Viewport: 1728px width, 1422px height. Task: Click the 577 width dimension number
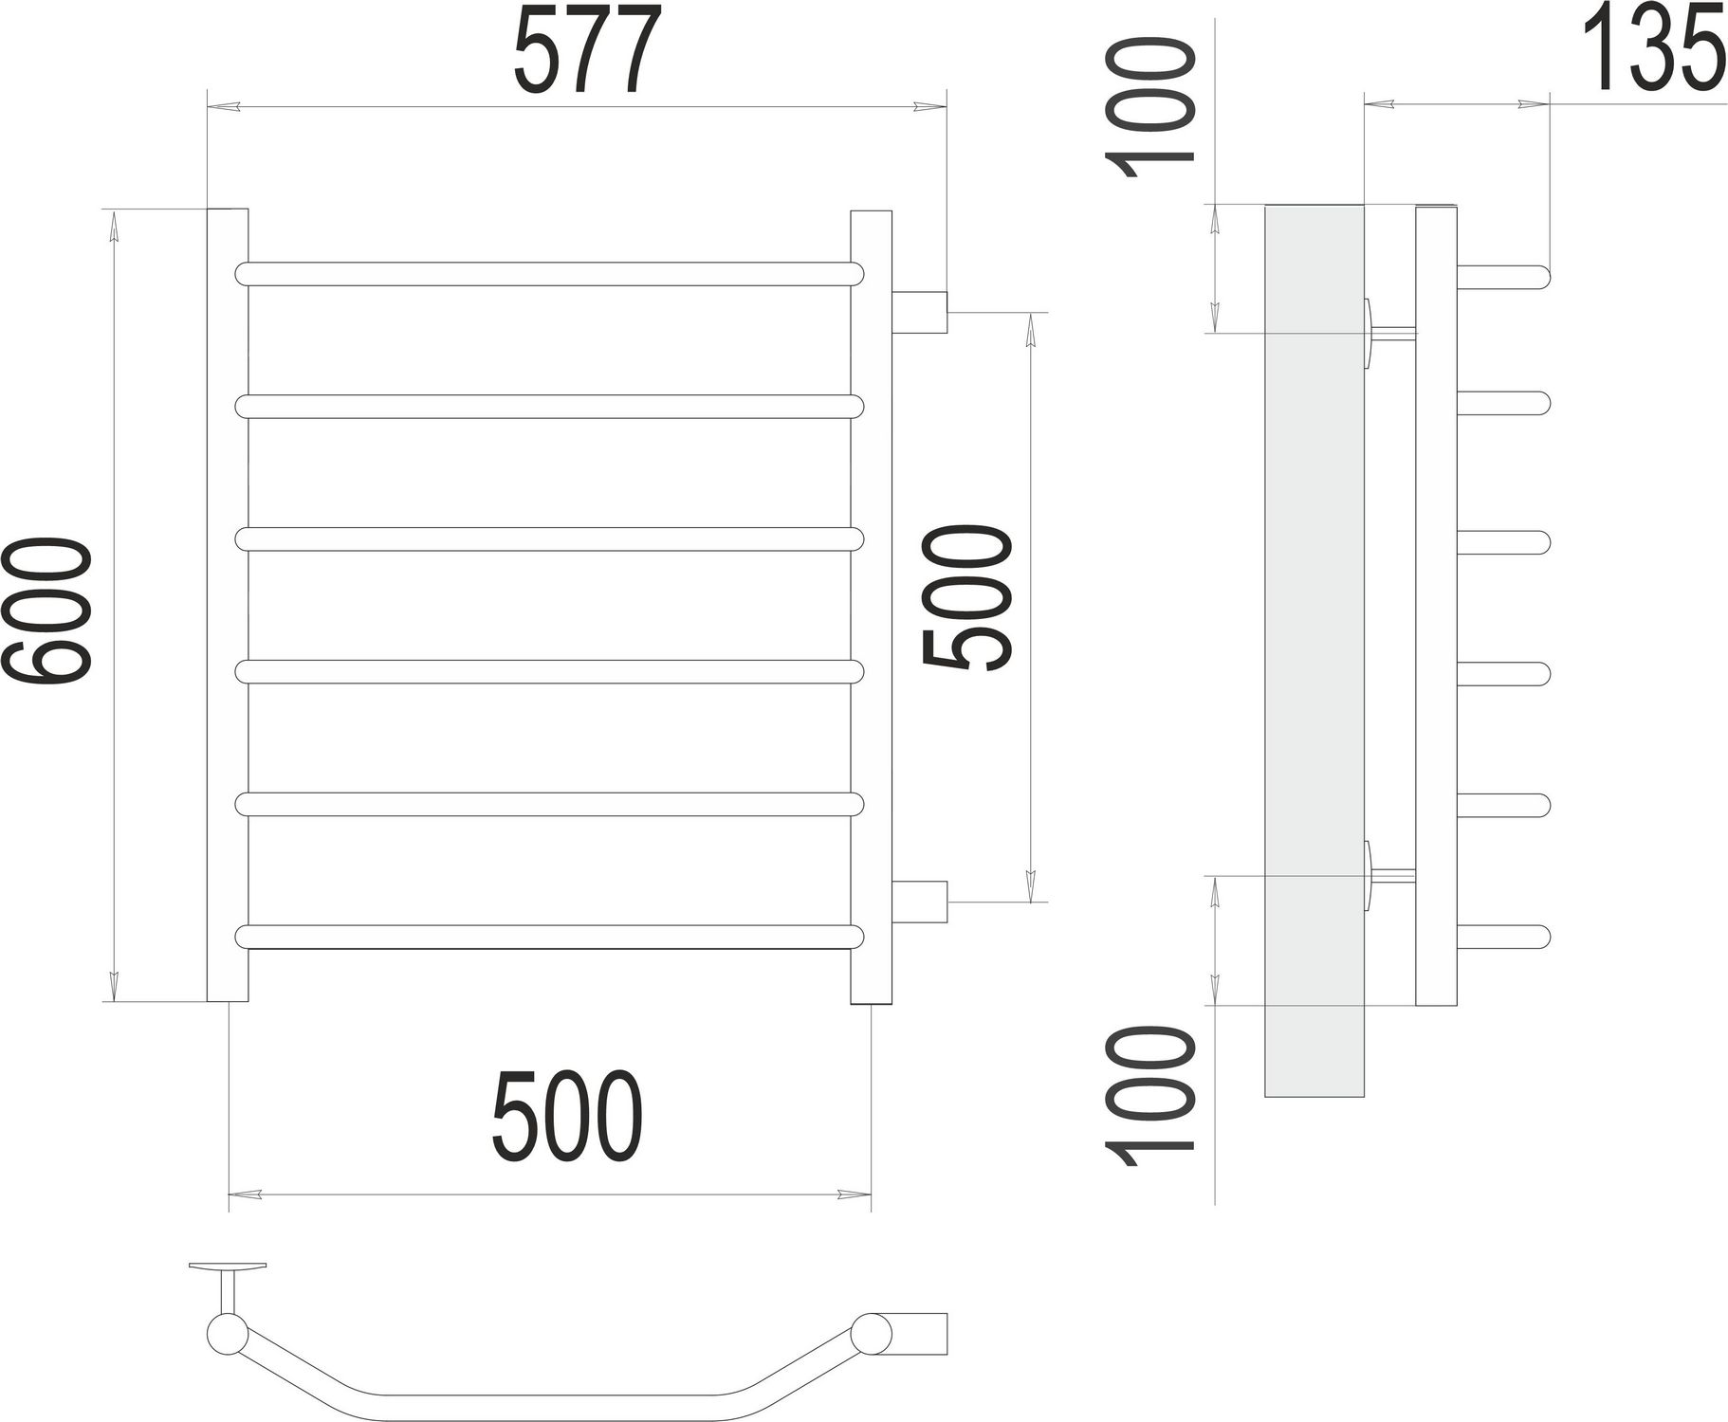(x=587, y=51)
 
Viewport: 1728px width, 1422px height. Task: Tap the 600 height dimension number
(x=49, y=609)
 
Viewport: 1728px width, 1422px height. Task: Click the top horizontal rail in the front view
(x=550, y=274)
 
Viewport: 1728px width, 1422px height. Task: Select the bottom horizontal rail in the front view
(x=550, y=937)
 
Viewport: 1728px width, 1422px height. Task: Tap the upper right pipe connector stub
(x=920, y=312)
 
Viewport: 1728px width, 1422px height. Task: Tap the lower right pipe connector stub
(x=920, y=901)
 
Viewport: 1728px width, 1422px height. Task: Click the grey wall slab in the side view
(x=1314, y=654)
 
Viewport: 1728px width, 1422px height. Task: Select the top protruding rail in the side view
(x=1502, y=277)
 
